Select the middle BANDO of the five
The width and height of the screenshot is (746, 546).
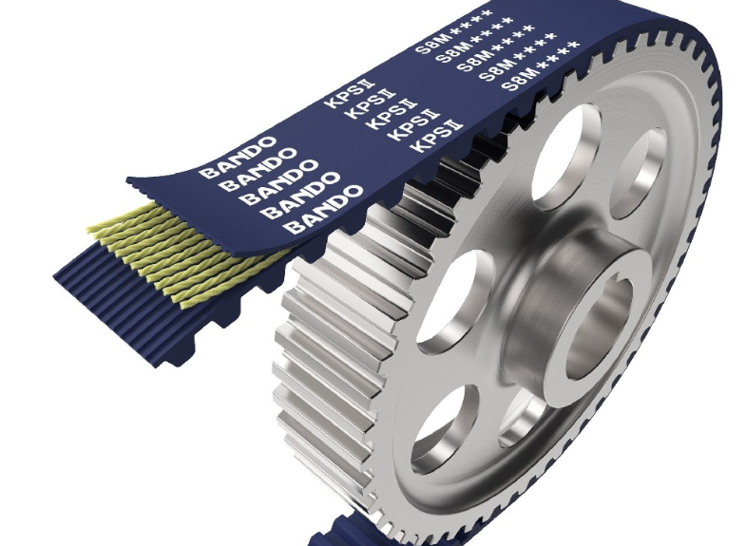tap(281, 183)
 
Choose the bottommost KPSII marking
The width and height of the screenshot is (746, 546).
tap(438, 137)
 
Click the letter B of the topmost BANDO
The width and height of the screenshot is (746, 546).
tap(207, 172)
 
